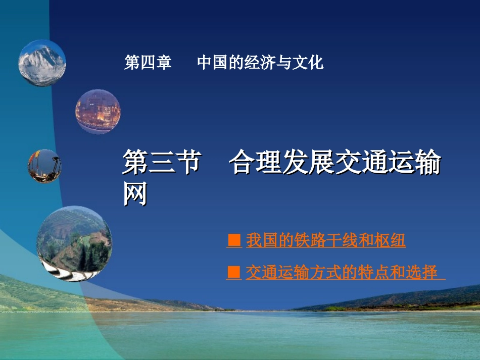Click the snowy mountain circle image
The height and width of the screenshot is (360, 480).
pos(42,63)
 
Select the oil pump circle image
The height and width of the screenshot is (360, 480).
pos(45,166)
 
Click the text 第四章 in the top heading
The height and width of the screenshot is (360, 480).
pos(148,63)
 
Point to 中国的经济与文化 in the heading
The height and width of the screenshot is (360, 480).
pos(260,63)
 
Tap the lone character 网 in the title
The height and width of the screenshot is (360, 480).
pos(135,194)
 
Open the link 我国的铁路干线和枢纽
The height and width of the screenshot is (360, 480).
pos(325,241)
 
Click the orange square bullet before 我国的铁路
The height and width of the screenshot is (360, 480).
pos(233,241)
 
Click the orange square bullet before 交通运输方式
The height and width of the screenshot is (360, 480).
pos(233,272)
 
